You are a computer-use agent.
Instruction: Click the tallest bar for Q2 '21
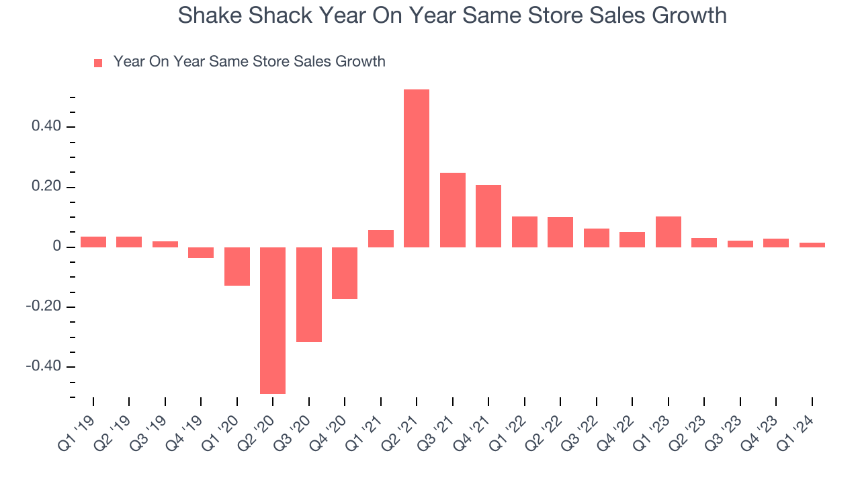click(x=417, y=168)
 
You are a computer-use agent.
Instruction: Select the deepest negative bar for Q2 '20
click(x=273, y=321)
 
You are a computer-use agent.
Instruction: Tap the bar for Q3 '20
click(x=309, y=294)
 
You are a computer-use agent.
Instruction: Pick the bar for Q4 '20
click(x=345, y=273)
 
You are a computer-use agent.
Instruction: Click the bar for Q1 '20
click(x=237, y=266)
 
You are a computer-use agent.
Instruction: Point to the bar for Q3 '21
click(x=453, y=210)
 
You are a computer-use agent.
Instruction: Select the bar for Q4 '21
click(x=488, y=216)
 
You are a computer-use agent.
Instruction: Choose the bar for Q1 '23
click(x=669, y=231)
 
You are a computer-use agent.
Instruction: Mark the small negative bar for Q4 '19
click(x=201, y=253)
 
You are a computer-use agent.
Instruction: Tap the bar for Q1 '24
click(x=812, y=245)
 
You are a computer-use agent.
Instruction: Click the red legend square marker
click(x=98, y=63)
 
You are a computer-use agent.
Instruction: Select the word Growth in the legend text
click(x=361, y=62)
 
